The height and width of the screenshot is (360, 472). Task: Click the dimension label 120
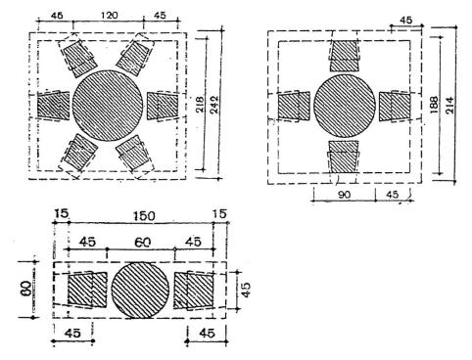(x=110, y=16)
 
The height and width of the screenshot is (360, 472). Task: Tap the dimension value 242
(x=214, y=105)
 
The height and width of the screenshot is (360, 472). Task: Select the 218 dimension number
(x=200, y=105)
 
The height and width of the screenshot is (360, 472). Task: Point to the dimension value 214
(x=449, y=105)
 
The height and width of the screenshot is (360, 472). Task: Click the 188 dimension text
(x=434, y=105)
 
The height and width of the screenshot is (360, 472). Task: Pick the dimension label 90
(x=344, y=195)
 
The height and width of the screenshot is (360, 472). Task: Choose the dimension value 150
(x=144, y=216)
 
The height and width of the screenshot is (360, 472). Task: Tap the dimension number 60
(x=143, y=243)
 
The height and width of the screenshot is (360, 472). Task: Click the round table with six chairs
(x=108, y=106)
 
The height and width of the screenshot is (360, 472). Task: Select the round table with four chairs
(x=345, y=106)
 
